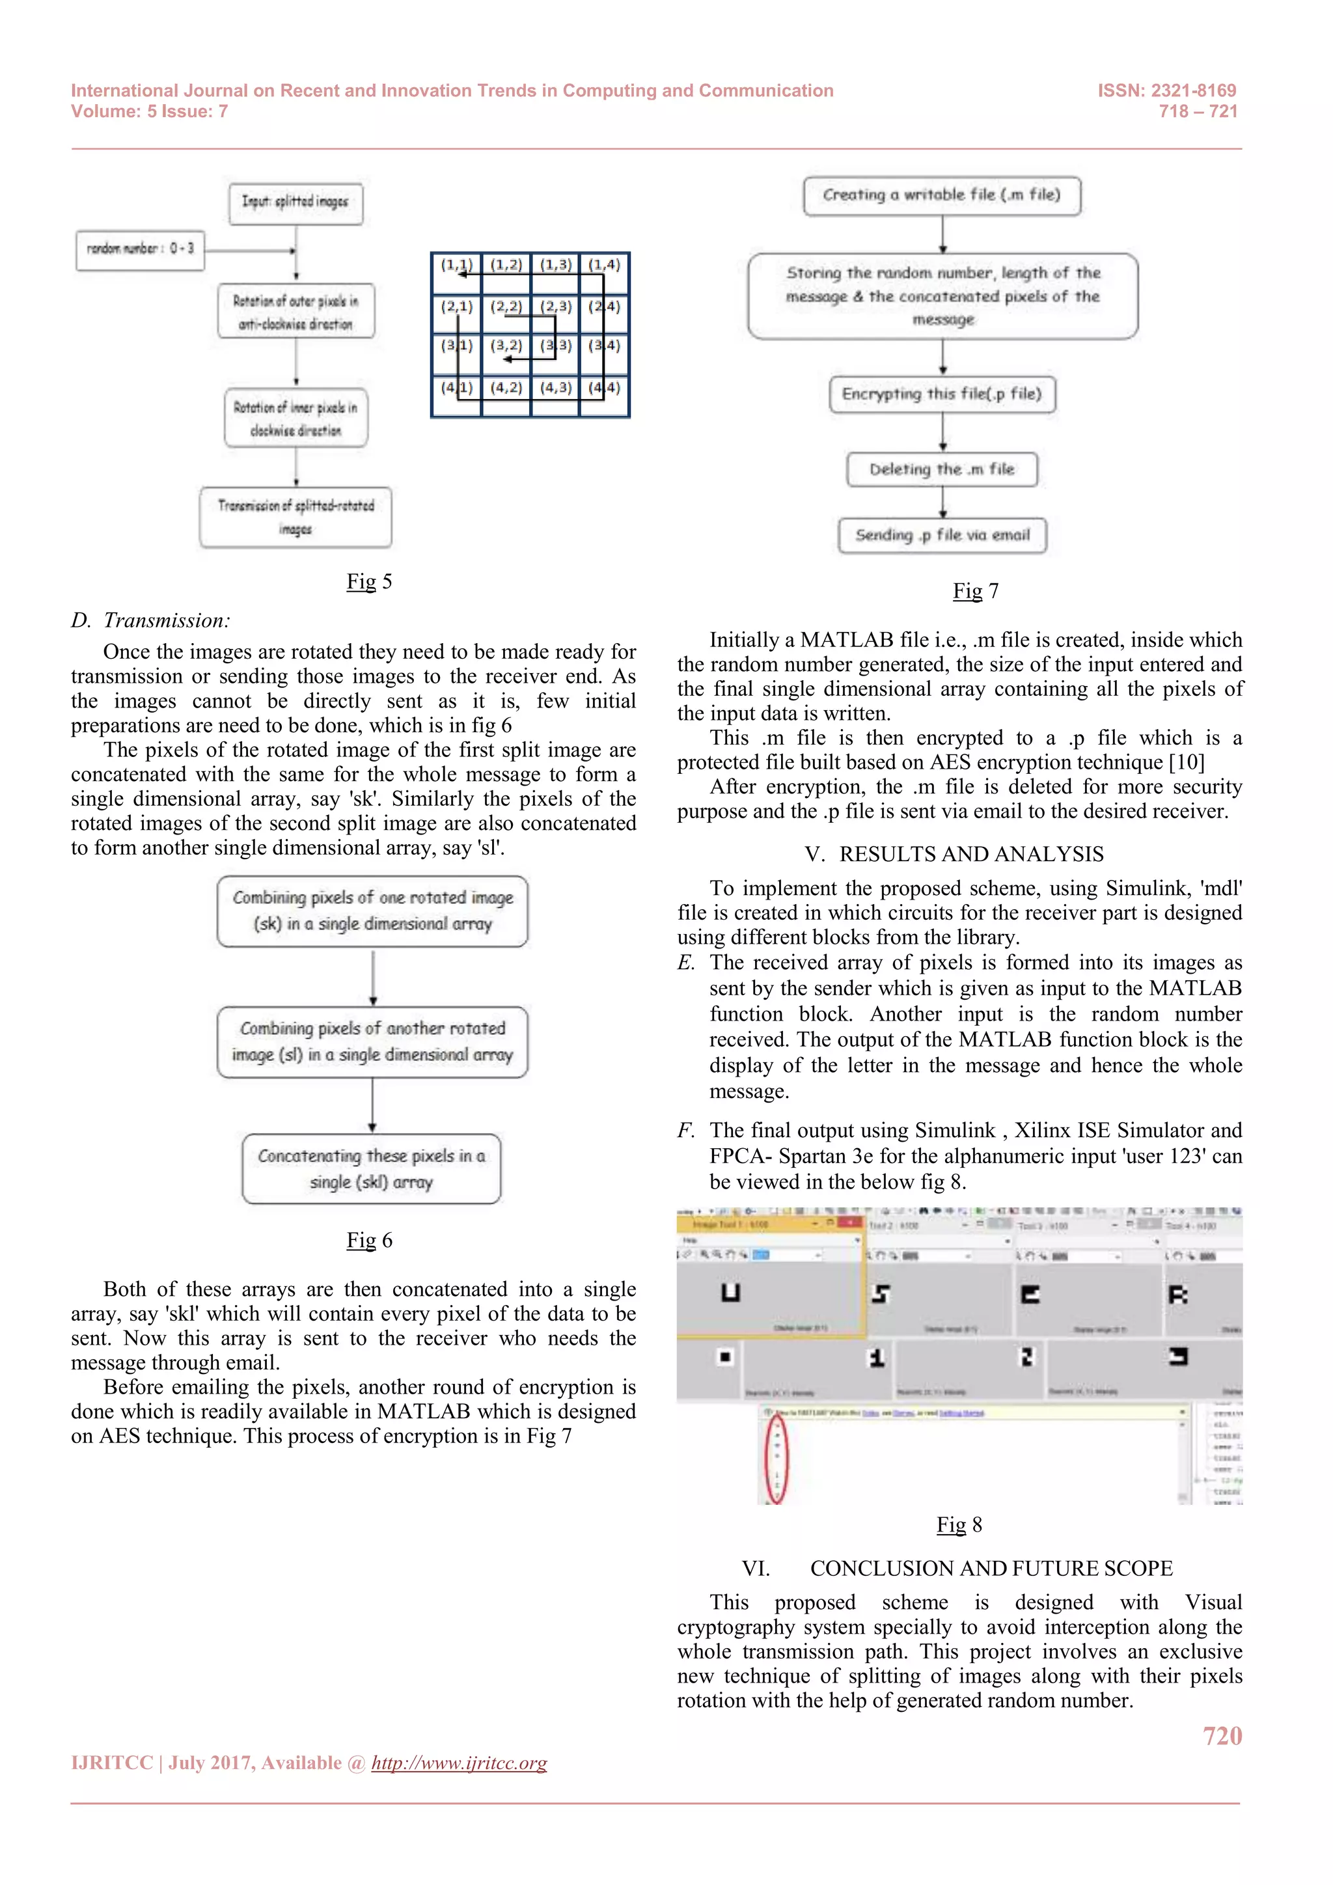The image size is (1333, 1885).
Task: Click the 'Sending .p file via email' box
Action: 942,535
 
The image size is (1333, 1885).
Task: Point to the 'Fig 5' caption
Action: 368,581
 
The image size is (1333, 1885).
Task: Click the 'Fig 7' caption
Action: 975,591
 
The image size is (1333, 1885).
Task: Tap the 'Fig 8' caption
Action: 959,1524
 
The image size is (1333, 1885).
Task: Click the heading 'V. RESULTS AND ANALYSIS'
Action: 955,854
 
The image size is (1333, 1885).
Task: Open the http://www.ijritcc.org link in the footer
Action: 459,1763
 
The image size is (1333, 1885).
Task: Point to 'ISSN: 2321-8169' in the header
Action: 1166,90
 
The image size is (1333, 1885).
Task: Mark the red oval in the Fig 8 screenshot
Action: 776,1459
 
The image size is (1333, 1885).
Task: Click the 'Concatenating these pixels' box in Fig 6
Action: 371,1168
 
